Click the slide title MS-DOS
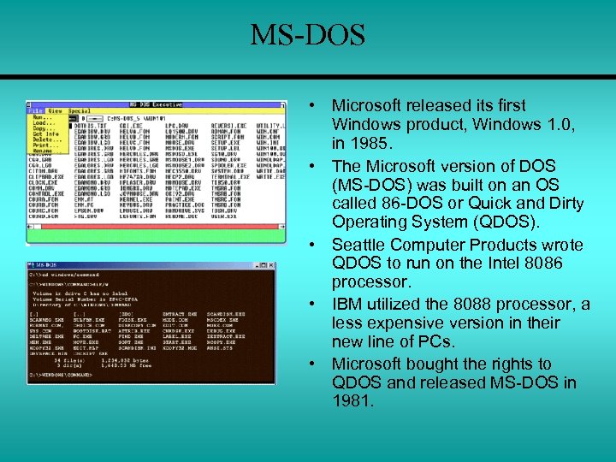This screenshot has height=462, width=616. pyautogui.click(x=307, y=36)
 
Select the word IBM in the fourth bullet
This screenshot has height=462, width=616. pyautogui.click(x=348, y=304)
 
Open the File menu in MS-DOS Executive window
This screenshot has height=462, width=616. pyautogui.click(x=35, y=110)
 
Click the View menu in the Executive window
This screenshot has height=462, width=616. pyautogui.click(x=55, y=110)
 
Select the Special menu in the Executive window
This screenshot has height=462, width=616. pyautogui.click(x=80, y=110)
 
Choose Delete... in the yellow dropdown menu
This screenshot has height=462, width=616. pyautogui.click(x=45, y=139)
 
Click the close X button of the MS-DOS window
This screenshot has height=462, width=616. pyautogui.click(x=271, y=265)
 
